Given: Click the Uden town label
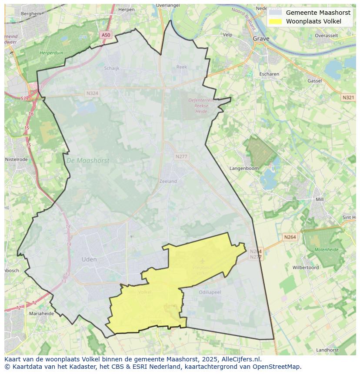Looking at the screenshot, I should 89,259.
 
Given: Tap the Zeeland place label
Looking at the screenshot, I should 168,181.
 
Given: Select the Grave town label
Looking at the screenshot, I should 261,38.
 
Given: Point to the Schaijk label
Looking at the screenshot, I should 112,68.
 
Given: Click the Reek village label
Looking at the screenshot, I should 181,67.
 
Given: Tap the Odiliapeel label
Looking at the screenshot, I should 210,292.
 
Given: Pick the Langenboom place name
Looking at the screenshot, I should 244,168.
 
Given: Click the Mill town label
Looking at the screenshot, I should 320,199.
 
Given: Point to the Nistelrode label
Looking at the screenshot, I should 16,159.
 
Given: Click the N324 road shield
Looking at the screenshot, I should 92,93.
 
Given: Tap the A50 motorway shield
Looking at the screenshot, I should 106,35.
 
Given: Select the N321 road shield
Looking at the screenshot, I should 348,97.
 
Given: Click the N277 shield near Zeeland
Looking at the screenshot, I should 181,156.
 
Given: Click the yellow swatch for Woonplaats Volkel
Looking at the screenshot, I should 275,21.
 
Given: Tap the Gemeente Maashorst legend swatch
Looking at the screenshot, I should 275,13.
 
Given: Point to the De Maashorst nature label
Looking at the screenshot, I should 88,160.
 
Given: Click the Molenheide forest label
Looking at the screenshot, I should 326,249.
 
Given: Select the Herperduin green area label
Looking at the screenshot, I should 51,52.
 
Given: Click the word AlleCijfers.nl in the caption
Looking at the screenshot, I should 241,359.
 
